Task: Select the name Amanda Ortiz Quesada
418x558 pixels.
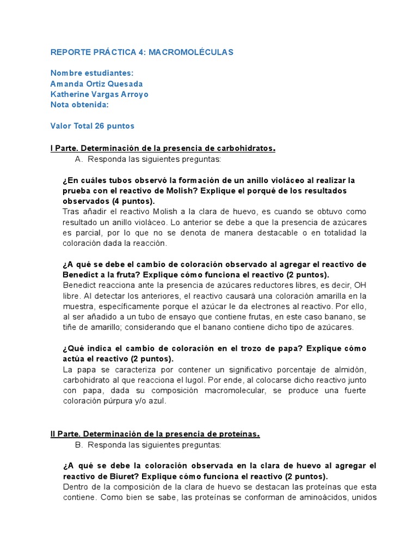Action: pyautogui.click(x=96, y=84)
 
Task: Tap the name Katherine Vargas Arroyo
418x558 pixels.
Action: pyautogui.click(x=99, y=94)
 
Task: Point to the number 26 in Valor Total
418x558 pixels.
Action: pyautogui.click(x=100, y=126)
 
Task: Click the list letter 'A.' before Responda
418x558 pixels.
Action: pyautogui.click(x=77, y=159)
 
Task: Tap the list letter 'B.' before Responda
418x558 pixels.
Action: pyautogui.click(x=77, y=445)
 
